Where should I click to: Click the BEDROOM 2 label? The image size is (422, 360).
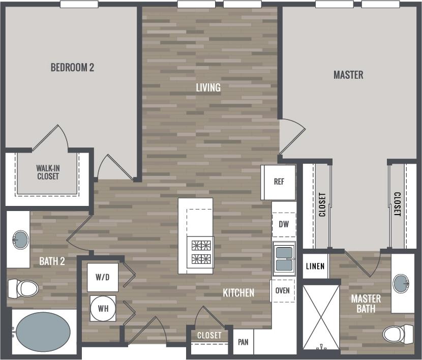coord(72,67)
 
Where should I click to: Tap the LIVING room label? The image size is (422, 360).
coord(208,87)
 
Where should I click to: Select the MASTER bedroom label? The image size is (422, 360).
coord(348,75)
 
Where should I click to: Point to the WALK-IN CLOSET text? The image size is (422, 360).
coord(48,172)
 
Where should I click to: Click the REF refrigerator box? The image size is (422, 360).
coord(278,182)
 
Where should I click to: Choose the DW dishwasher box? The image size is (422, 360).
coord(284,224)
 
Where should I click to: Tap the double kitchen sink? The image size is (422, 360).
coord(284,258)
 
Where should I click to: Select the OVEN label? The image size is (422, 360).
coord(283,290)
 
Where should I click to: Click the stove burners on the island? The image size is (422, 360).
coord(200,252)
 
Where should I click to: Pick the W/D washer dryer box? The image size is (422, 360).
coord(103,277)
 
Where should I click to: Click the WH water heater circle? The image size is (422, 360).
coord(103,308)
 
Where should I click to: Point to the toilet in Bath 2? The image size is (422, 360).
coord(23,288)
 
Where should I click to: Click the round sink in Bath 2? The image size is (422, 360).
coord(20,239)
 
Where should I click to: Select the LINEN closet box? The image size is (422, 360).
coord(315,266)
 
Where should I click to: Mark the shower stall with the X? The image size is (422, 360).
coord(321,317)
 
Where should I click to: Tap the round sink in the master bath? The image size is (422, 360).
coord(402,283)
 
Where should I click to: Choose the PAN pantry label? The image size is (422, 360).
coord(243,342)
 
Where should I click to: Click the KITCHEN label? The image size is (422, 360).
coord(238,292)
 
